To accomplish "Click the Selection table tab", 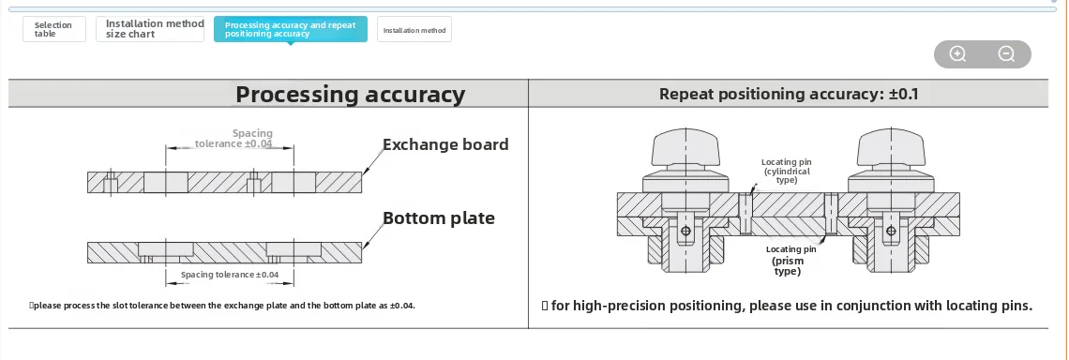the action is (53, 29).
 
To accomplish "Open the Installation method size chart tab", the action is (150, 29).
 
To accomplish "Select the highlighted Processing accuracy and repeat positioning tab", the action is (291, 29).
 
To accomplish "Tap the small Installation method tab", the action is (414, 30).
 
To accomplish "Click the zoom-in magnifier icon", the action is (957, 53).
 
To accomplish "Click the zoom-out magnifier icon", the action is (1006, 53).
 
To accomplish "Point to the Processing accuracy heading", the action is (351, 94).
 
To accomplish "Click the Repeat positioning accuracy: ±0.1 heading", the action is (789, 94).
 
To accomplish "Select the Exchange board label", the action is (445, 144).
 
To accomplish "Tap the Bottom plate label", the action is (438, 218).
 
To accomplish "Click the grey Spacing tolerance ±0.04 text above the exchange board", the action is (233, 139).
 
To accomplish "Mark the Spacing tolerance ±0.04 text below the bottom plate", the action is (230, 275).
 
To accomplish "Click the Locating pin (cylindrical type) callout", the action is (786, 172).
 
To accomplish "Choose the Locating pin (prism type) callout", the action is (790, 261).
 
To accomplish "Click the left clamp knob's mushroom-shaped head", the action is (685, 148).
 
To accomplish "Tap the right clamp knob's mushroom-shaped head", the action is (891, 148).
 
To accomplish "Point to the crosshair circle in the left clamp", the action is (685, 232).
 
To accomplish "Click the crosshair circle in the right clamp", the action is (891, 232).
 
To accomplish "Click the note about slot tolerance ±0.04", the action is (222, 306).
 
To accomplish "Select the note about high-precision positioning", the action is (787, 306).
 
